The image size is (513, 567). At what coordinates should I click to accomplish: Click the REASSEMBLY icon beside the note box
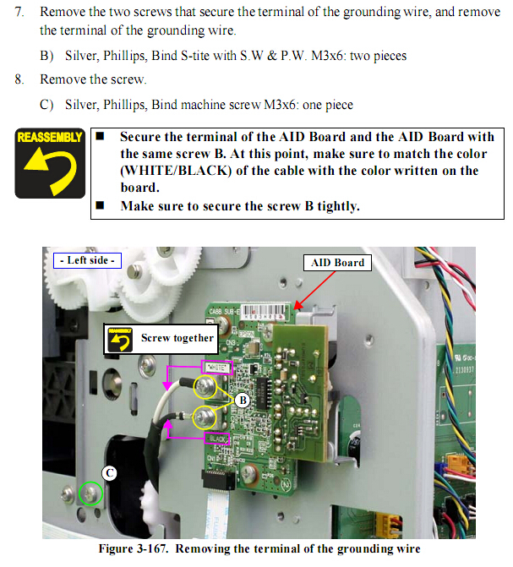[x=50, y=163]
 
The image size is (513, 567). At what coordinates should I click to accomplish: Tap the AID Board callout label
[x=337, y=263]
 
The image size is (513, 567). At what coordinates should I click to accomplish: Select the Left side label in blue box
[x=87, y=260]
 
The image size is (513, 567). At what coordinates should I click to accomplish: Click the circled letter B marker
[x=243, y=401]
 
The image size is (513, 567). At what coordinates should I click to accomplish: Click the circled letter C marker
[x=109, y=473]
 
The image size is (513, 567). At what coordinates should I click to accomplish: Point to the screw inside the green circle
[x=90, y=493]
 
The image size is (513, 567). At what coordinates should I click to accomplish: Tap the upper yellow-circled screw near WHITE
[x=205, y=387]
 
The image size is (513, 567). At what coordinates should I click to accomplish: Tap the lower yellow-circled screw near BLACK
[x=205, y=417]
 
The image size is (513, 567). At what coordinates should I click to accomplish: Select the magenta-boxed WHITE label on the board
[x=216, y=368]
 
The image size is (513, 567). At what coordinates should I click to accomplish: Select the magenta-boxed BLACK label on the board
[x=216, y=439]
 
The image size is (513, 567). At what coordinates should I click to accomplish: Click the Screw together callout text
[x=177, y=338]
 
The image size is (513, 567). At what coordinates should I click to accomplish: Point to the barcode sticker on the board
[x=265, y=311]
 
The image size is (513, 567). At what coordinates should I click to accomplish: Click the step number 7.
[x=19, y=12]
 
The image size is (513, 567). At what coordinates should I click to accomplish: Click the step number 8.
[x=19, y=79]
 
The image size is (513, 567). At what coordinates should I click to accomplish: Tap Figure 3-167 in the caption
[x=134, y=548]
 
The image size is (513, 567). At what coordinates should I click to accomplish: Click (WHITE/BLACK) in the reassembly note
[x=176, y=171]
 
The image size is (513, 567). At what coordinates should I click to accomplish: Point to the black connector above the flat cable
[x=219, y=480]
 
